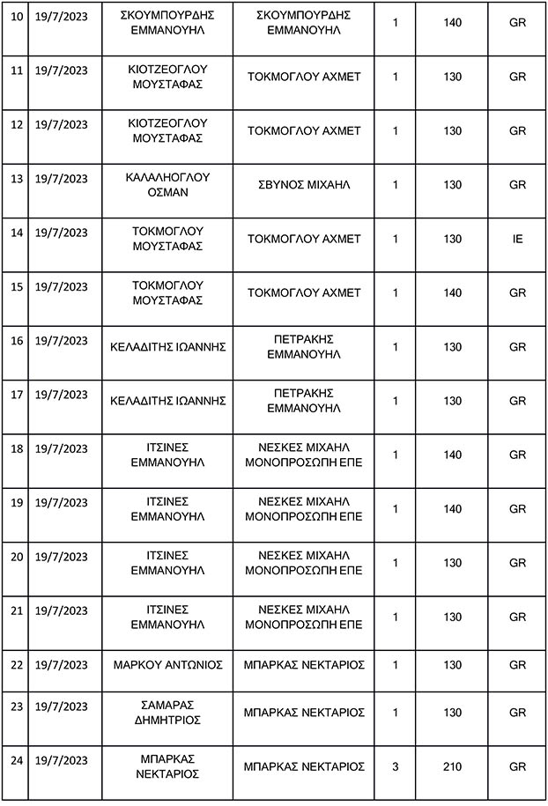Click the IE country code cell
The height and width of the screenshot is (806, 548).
click(517, 239)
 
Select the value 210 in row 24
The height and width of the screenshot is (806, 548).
click(452, 767)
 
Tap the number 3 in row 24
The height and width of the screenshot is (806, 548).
click(396, 767)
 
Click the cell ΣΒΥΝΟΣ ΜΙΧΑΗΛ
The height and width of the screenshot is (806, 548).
click(304, 185)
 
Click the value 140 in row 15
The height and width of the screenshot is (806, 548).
click(452, 292)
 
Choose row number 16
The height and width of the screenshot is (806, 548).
click(14, 341)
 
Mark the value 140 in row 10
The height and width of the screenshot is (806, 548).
click(452, 22)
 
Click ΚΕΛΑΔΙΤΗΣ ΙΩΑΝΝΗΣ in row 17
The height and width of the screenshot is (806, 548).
click(167, 401)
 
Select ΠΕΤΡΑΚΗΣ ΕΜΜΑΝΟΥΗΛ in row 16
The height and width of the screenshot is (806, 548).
click(304, 347)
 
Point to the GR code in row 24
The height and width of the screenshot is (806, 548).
click(517, 767)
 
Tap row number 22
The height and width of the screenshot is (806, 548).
click(14, 663)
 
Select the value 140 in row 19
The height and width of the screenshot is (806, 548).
click(452, 508)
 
